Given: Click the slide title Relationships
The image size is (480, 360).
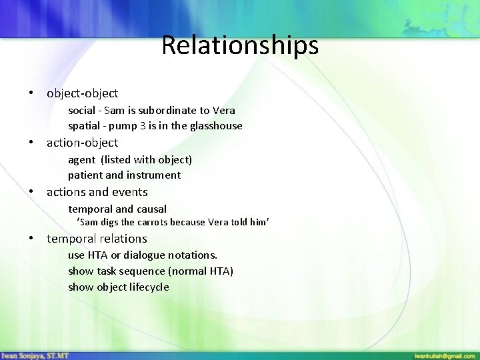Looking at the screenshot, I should coord(240,46).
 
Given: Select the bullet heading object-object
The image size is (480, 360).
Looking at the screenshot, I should coord(82,94).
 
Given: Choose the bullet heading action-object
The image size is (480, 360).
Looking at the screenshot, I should coord(82,143).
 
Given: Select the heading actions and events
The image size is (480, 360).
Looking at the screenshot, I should coord(97,192).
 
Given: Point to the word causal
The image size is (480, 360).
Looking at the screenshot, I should coord(151,209).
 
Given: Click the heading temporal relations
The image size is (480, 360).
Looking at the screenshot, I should coord(97,239).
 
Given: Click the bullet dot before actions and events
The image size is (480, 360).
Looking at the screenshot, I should coord(31,192).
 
